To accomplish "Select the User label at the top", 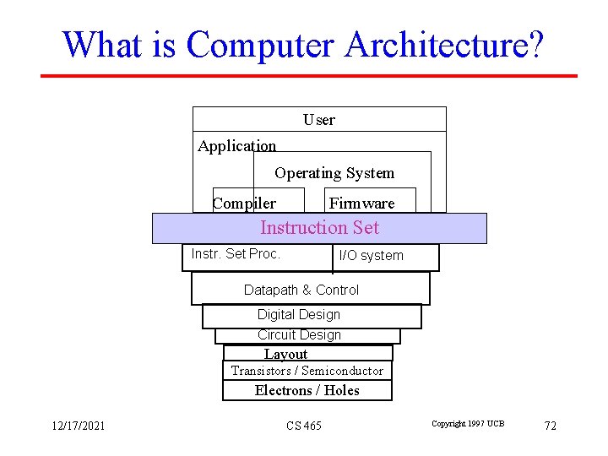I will click(319, 120).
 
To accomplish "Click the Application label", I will click(236, 146).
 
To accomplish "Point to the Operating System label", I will click(334, 173).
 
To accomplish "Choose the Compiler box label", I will click(244, 203).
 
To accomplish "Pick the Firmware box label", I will click(361, 203).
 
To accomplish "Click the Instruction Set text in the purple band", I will click(319, 227).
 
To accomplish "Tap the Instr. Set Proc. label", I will click(236, 253).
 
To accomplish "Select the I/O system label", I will click(371, 255).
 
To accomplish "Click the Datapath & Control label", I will click(301, 290).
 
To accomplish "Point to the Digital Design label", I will click(299, 314).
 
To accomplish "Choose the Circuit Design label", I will click(299, 334).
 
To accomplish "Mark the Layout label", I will click(285, 355).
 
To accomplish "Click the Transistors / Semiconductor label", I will click(307, 371).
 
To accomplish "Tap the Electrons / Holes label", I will click(307, 390).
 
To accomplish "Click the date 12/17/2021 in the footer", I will click(77, 426).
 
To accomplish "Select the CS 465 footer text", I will click(303, 426).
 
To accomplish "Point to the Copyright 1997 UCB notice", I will click(467, 423).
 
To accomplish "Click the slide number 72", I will click(550, 426).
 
